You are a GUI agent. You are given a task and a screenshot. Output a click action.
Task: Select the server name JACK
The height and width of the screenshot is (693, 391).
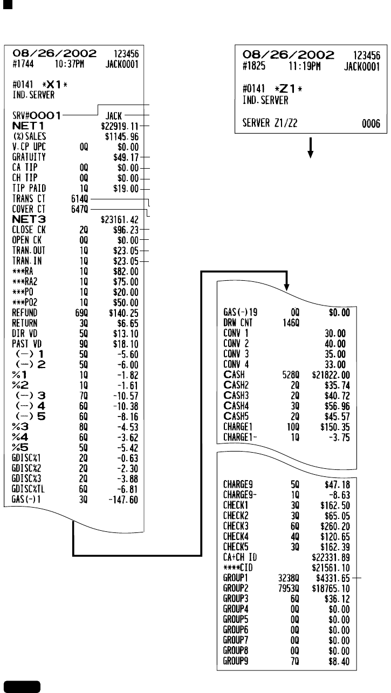click(x=114, y=115)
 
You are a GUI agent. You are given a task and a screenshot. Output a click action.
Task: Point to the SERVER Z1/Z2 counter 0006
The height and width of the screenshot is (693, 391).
click(x=372, y=124)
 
